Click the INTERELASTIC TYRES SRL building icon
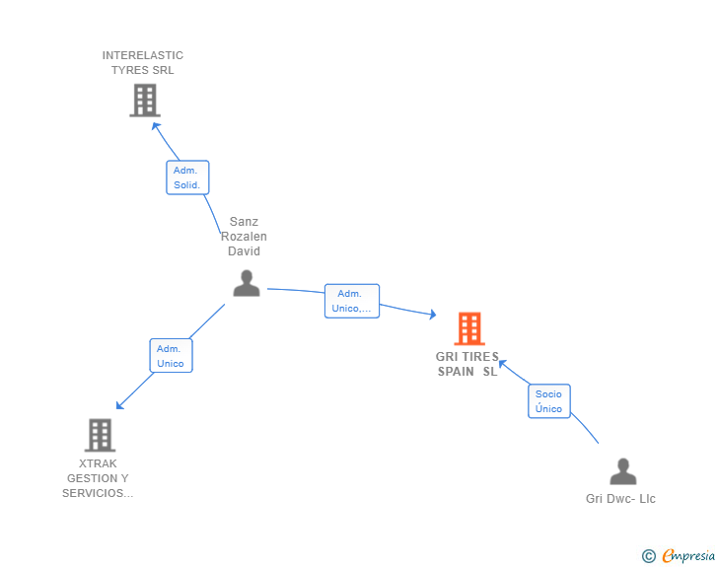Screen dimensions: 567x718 (145, 100)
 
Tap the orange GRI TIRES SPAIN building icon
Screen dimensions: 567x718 (469, 328)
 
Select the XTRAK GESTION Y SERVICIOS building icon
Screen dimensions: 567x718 (100, 435)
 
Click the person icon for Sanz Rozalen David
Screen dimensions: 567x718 (246, 283)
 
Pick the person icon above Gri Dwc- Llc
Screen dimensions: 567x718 (622, 471)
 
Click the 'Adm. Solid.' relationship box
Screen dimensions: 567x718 (187, 177)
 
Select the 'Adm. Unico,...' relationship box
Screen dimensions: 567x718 (352, 301)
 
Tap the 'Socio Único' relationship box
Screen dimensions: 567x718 (549, 401)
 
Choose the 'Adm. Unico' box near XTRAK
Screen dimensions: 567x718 (171, 355)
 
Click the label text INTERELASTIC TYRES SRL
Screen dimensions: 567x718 (143, 62)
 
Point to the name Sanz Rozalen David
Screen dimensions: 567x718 (244, 237)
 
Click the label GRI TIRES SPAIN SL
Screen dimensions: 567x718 (468, 364)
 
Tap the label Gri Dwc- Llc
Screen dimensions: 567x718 (620, 499)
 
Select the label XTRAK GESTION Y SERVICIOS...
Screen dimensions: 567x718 (98, 478)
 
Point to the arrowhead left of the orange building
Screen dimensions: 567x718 (431, 315)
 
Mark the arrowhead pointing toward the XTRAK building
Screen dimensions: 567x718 (119, 405)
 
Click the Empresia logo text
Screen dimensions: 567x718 (687, 556)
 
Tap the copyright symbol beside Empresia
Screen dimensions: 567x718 (649, 556)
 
